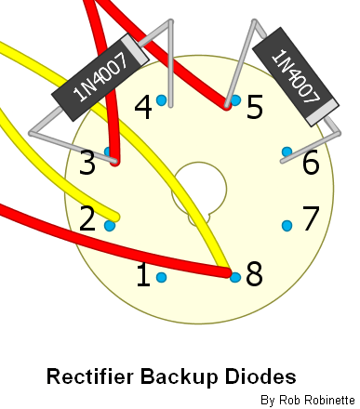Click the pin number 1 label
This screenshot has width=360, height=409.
click(143, 274)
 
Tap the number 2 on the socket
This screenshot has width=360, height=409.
click(87, 218)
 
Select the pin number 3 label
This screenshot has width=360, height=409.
click(87, 163)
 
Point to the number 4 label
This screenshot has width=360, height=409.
click(143, 107)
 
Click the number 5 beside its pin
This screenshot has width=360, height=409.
click(255, 107)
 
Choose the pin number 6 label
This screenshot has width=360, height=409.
click(311, 162)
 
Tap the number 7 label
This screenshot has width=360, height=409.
click(311, 218)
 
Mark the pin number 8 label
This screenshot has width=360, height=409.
click(254, 274)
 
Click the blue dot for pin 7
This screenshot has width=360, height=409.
click(287, 226)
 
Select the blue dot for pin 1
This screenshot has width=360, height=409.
click(161, 277)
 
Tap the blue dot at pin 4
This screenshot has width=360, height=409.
click(161, 100)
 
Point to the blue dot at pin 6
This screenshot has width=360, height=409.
click(287, 152)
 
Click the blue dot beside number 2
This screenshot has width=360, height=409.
click(110, 225)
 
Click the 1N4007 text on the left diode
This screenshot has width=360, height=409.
click(100, 77)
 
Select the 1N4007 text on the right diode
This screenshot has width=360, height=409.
click(296, 76)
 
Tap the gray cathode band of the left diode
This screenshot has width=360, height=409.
click(135, 49)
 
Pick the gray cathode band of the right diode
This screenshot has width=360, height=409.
click(323, 113)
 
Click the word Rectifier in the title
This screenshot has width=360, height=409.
click(90, 376)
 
